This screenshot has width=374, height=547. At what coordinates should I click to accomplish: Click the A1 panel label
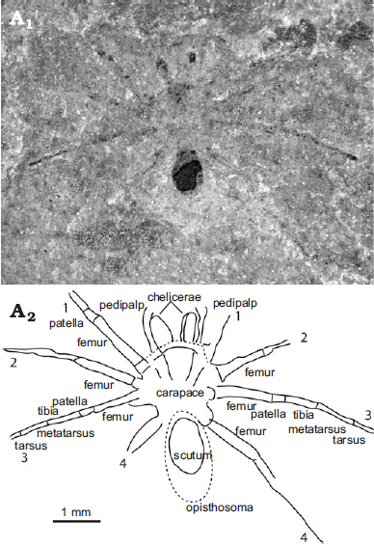coord(21,19)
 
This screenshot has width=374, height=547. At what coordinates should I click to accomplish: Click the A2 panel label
coord(23,313)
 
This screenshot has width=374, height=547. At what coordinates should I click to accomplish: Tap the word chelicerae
coord(174,297)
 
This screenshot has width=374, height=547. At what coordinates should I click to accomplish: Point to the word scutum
coord(193,455)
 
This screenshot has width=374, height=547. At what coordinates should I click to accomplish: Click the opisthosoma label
coord(219,507)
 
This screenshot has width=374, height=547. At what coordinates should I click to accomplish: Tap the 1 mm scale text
coord(76,512)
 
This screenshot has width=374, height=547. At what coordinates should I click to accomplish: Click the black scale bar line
coord(77,522)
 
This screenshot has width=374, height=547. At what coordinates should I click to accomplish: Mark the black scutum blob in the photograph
coord(188,172)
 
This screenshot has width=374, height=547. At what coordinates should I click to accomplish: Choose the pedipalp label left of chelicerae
coord(121,305)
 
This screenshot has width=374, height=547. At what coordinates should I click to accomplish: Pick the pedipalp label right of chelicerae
coord(235,303)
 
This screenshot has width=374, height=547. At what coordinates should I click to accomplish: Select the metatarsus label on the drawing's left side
coord(66,433)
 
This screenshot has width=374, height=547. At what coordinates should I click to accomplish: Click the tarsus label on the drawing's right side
coord(349,440)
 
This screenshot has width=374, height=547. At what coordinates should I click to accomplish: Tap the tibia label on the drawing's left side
coord(48,411)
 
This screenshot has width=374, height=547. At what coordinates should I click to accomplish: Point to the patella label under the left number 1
coord(67,323)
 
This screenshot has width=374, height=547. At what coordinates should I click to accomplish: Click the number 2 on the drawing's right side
coord(304,338)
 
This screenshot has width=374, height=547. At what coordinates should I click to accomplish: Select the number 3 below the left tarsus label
coord(24,457)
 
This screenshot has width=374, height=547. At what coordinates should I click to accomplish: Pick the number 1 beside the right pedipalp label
coord(238,316)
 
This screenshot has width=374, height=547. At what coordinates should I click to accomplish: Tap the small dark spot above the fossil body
coord(192,57)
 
